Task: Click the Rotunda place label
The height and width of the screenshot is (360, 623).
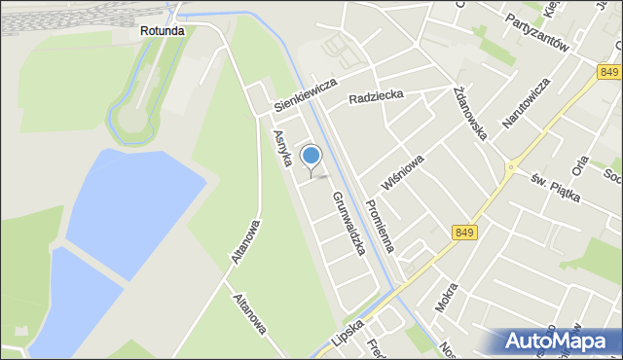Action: [162, 31]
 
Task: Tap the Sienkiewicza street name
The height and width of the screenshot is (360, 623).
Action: [305, 92]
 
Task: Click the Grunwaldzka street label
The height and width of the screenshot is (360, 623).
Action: [348, 223]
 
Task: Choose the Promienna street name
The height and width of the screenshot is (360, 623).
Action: [378, 225]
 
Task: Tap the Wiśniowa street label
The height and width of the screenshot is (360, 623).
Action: [403, 171]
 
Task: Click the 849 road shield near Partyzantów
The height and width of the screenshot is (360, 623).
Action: [609, 73]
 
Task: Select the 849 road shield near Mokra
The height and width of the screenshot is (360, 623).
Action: [465, 232]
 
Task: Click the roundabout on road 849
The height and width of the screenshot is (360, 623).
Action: [508, 167]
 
